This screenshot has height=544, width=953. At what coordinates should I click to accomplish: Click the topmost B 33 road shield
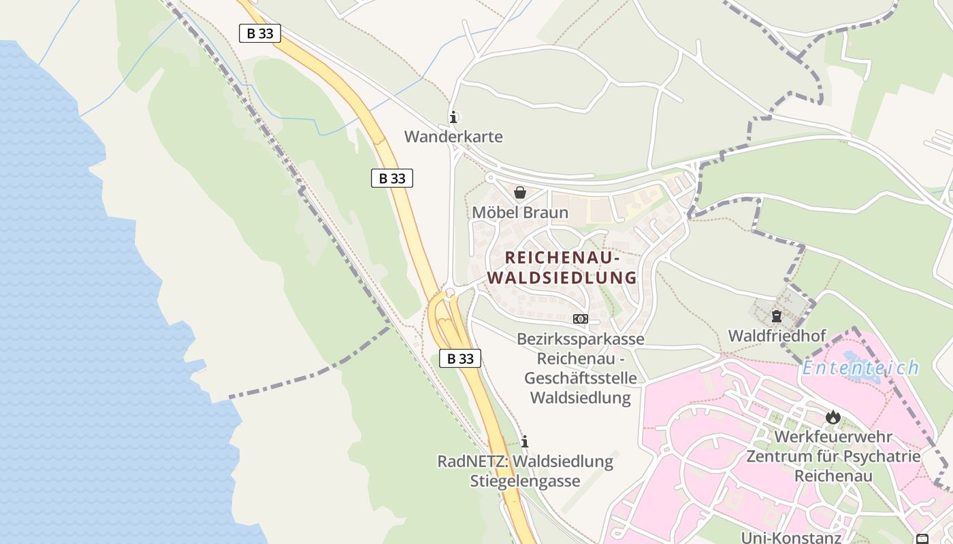point(260,33)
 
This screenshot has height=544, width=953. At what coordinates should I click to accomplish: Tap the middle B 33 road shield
point(392,178)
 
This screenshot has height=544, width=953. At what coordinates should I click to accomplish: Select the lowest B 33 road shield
point(460,358)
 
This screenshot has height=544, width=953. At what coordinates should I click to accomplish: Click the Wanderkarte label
point(453,137)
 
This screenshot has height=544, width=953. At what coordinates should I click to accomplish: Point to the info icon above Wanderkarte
point(453,117)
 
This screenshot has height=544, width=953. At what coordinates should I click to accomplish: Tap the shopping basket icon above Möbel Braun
point(520,192)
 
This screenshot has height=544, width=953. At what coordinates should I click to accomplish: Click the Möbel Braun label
point(520,212)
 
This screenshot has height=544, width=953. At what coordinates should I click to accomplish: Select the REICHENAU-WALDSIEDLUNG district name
point(562,268)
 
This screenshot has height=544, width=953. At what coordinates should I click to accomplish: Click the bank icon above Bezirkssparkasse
point(580,318)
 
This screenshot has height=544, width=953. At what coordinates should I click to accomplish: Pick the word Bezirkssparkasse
point(580,339)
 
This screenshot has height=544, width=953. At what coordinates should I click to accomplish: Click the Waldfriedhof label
point(777,336)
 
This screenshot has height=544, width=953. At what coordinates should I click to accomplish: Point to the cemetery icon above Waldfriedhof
point(776,316)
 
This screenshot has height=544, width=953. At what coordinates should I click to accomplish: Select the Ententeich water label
point(860,369)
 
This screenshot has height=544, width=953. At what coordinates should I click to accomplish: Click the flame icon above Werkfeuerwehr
point(833,417)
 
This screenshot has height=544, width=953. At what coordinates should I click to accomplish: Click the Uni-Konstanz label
point(791,538)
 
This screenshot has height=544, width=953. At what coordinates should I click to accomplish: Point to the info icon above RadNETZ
point(524,441)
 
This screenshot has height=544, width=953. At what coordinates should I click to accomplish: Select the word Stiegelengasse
point(525,481)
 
